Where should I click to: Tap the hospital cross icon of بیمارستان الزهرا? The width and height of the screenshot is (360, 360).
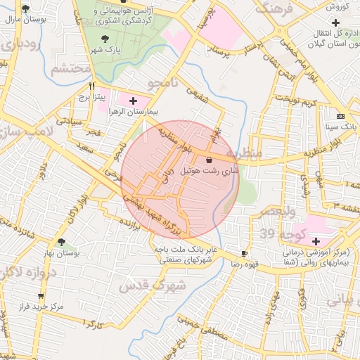tap(133, 101)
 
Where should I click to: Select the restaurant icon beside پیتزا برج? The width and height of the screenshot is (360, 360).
tap(91, 85)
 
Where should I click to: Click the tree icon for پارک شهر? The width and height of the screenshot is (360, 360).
tap(105, 39)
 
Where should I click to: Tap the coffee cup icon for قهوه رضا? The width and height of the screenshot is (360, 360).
tap(244, 253)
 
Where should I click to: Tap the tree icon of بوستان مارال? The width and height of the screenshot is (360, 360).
tap(26, 9)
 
